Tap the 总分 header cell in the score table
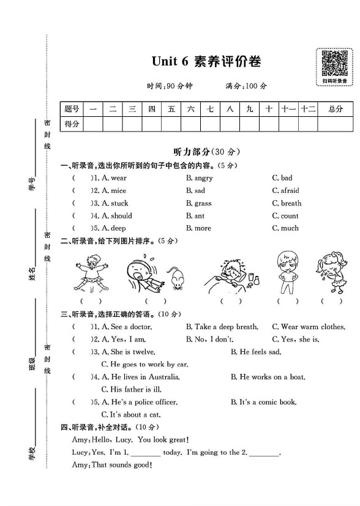335,109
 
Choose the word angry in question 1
203,178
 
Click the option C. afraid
286,191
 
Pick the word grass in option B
203,203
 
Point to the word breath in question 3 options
291,203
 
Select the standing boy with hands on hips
287,272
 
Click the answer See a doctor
130,327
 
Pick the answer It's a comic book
268,402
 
